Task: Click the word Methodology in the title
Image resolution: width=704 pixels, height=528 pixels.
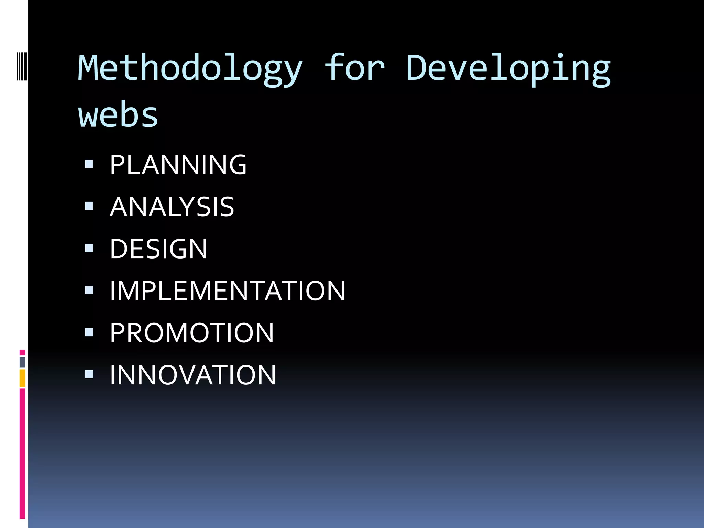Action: pyautogui.click(x=190, y=69)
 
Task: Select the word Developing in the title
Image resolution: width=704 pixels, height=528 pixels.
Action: pyautogui.click(x=508, y=69)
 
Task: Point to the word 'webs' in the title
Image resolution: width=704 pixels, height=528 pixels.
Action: pyautogui.click(x=118, y=115)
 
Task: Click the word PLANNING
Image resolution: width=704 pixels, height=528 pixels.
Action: pyautogui.click(x=178, y=165)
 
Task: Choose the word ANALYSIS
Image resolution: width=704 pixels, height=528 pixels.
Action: pyautogui.click(x=172, y=207)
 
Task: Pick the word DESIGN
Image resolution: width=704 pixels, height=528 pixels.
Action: pyautogui.click(x=158, y=249)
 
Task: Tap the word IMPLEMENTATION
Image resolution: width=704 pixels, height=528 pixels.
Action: pyautogui.click(x=227, y=291)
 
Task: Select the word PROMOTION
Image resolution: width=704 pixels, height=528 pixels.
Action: pyautogui.click(x=192, y=333)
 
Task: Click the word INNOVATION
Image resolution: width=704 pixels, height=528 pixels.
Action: pyautogui.click(x=193, y=375)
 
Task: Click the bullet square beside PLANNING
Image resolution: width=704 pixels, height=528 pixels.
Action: pyautogui.click(x=89, y=164)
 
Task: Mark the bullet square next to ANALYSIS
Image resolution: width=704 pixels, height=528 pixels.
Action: pyautogui.click(x=89, y=206)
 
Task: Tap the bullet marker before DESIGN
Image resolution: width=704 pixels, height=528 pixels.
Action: pyautogui.click(x=89, y=248)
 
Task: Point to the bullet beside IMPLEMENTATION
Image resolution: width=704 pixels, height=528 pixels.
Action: pyautogui.click(x=89, y=290)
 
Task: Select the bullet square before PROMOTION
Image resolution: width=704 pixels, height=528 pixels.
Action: pyautogui.click(x=89, y=332)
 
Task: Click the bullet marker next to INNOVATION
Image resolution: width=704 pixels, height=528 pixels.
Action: pyautogui.click(x=89, y=374)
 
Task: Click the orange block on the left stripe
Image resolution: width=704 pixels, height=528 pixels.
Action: pyautogui.click(x=22, y=378)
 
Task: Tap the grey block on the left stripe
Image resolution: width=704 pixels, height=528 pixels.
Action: pyautogui.click(x=22, y=362)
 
